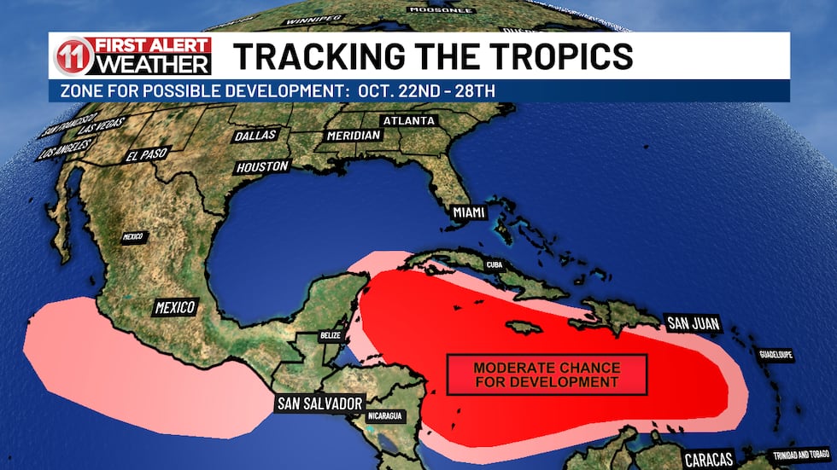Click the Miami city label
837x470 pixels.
pos(462,211)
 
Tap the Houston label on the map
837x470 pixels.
pos(262,167)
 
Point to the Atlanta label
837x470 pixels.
pos(409,121)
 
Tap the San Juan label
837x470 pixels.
pos(693,323)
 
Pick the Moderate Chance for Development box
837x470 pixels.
pos(547,374)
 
